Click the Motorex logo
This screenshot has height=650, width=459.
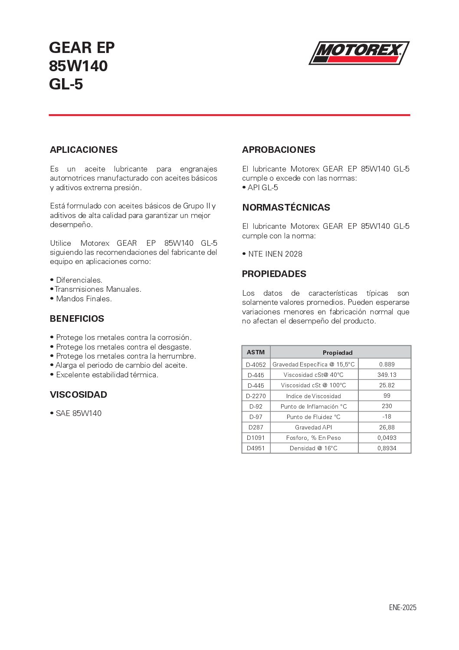tap(359, 53)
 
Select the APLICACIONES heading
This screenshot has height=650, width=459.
tap(84, 150)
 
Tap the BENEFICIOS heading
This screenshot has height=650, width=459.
tap(77, 319)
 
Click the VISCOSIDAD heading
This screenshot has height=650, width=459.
tap(79, 395)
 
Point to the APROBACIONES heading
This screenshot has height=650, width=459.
tap(279, 150)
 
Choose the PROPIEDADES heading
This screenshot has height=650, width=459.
tap(274, 274)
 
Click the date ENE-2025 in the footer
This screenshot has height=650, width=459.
tap(403, 607)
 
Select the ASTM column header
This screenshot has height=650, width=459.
tap(256, 352)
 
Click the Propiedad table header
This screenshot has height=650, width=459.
tap(338, 353)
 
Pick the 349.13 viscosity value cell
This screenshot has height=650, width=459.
tap(387, 375)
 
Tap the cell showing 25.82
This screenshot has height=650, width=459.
tap(387, 385)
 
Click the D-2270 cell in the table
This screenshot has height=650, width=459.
tap(256, 396)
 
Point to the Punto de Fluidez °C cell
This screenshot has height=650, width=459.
tap(314, 417)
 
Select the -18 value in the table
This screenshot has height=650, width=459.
tap(387, 416)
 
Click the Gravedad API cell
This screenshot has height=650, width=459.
tap(314, 427)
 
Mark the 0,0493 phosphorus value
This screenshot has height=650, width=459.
tap(387, 438)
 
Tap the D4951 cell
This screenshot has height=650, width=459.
tap(256, 448)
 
